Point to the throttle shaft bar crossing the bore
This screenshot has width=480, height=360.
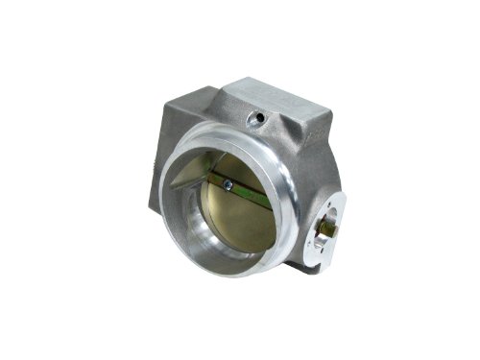240,189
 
